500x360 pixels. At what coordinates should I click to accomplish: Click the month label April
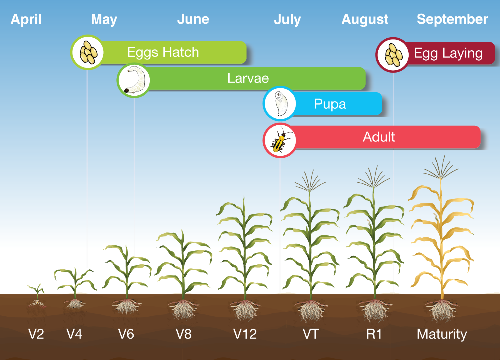coord(26,19)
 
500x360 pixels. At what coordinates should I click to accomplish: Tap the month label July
coord(287,19)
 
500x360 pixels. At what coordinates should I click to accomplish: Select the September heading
coord(452,19)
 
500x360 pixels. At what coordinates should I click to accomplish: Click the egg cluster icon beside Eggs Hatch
coord(88,52)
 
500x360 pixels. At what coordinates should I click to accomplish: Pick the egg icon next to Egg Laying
coord(393,55)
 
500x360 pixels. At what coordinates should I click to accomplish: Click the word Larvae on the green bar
coord(248,78)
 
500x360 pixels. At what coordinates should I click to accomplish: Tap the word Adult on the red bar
coord(379,137)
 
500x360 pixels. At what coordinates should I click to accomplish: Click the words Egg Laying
coord(448,53)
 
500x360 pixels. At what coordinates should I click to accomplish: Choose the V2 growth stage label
coord(36,334)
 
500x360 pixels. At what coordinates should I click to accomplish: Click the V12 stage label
coord(245,334)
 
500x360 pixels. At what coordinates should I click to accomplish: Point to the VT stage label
coord(311,334)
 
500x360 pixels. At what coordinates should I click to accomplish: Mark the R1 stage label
coord(374,334)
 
